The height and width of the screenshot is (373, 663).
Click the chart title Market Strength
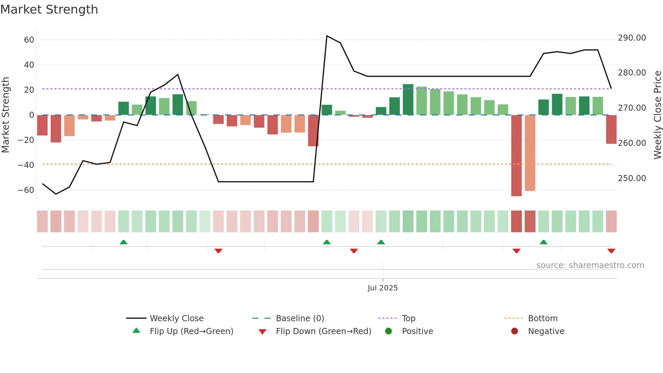(x=49, y=9)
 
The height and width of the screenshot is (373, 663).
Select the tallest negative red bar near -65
(x=516, y=156)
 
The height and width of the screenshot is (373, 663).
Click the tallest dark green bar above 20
(x=408, y=100)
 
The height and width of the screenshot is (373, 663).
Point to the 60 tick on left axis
(x=29, y=40)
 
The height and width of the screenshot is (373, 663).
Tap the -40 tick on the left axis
(x=26, y=165)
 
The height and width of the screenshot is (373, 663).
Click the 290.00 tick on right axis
(x=632, y=38)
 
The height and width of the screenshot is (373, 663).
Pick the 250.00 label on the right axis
(x=632, y=178)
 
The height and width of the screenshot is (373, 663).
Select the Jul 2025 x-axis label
(x=383, y=288)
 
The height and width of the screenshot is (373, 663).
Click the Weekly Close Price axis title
(x=657, y=115)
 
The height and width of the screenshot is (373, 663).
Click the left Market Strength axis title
(x=5, y=115)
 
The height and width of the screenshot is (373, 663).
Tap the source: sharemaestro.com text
(x=590, y=265)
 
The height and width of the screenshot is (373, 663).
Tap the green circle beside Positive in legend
(x=388, y=331)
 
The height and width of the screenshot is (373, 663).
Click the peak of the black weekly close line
(x=327, y=36)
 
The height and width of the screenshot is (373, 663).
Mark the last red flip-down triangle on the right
(x=611, y=251)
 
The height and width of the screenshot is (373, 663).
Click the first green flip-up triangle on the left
(x=123, y=242)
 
